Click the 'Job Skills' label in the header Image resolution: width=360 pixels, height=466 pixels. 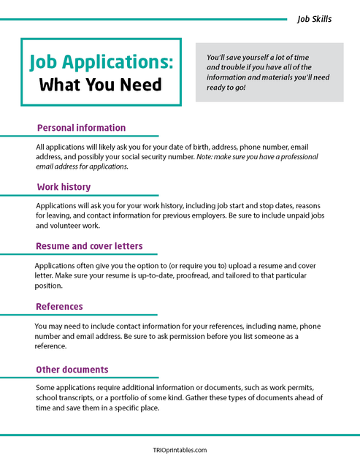tap(314, 19)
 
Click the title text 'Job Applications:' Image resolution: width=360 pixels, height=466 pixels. tap(101, 62)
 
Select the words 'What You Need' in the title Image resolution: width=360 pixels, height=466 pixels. tap(101, 85)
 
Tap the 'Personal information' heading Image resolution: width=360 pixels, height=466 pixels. tap(81, 128)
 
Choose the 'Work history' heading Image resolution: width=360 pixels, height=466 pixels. tap(68, 187)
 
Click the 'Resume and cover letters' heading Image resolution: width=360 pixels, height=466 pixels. tap(90, 246)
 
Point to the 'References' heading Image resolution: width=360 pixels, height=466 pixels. tap(60, 306)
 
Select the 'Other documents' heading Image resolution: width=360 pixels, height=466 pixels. tap(73, 369)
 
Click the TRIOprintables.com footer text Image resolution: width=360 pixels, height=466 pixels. tap(180, 451)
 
